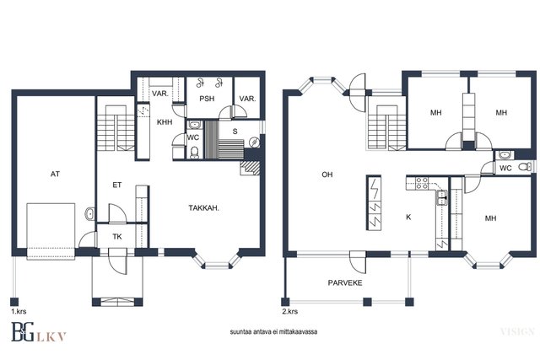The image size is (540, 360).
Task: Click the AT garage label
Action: pyautogui.click(x=55, y=175)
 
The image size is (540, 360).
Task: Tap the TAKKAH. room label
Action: pyautogui.click(x=204, y=208)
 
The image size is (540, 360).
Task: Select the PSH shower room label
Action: pyautogui.click(x=207, y=99)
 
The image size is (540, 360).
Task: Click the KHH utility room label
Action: pyautogui.click(x=165, y=122)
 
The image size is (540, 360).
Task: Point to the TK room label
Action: pyautogui.click(x=117, y=237)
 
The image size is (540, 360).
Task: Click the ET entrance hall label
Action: pyautogui.click(x=117, y=185)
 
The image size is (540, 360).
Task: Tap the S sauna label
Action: pyautogui.click(x=235, y=132)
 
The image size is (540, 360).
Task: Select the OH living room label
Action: pyautogui.click(x=327, y=175)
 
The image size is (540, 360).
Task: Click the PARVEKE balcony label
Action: pyautogui.click(x=345, y=283)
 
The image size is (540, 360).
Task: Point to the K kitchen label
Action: pyautogui.click(x=408, y=218)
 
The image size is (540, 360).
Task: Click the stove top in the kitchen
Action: pyautogui.click(x=422, y=183)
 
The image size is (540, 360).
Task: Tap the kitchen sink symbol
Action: pyautogui.click(x=442, y=197)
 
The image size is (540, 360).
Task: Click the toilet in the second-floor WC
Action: pyautogui.click(x=525, y=167)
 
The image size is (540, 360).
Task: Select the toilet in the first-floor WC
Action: pyautogui.click(x=195, y=153)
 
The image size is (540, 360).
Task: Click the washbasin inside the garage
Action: pyautogui.click(x=89, y=214)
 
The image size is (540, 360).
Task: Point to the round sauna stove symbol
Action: pyautogui.click(x=255, y=141)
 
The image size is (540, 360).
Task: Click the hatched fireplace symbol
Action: pyautogui.click(x=251, y=168)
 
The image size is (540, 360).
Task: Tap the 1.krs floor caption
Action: pyautogui.click(x=19, y=312)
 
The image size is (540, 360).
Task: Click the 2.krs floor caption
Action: pyautogui.click(x=289, y=312)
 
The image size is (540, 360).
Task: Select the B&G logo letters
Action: pyautogui.click(x=23, y=332)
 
